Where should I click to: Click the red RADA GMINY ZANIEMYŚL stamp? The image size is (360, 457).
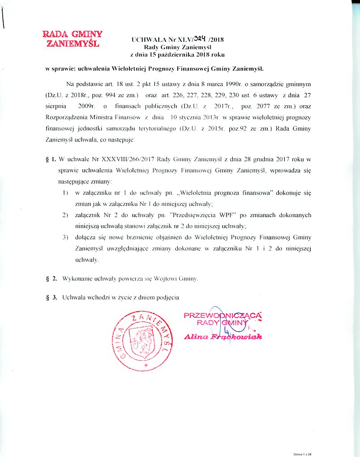click(73, 38)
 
